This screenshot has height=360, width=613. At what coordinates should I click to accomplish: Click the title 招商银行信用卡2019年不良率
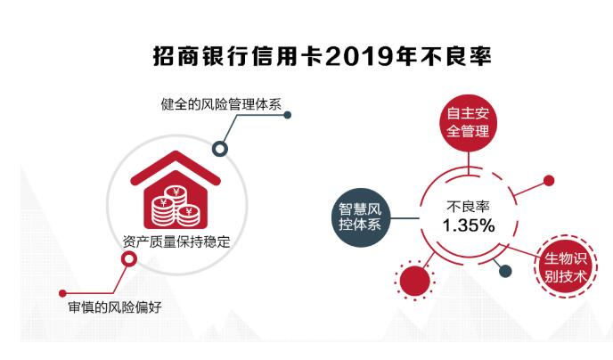click(x=323, y=57)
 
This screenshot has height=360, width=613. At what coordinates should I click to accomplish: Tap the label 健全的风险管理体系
click(x=221, y=104)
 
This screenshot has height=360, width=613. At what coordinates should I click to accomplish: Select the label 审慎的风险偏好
click(x=115, y=307)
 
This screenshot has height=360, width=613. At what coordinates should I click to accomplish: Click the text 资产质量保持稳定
click(x=176, y=241)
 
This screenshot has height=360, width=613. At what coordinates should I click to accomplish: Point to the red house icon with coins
click(x=176, y=190)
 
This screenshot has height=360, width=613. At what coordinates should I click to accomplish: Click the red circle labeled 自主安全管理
click(x=468, y=123)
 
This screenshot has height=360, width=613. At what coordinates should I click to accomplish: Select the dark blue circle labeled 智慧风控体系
click(x=360, y=217)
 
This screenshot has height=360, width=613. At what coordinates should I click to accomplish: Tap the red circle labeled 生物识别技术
click(x=566, y=267)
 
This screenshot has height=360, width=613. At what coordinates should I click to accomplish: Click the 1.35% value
click(x=469, y=225)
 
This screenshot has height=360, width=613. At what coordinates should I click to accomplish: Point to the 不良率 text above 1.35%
click(x=468, y=207)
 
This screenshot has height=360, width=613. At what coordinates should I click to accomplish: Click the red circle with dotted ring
click(x=415, y=281)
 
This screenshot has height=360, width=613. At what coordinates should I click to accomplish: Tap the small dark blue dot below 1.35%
click(x=505, y=271)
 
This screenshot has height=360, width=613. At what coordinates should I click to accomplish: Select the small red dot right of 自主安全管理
click(x=549, y=181)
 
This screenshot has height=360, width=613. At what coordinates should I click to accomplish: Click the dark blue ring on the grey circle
click(x=220, y=149)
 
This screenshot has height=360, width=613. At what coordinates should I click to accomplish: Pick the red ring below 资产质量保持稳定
click(x=129, y=258)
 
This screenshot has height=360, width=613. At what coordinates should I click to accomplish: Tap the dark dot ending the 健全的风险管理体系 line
click(x=287, y=115)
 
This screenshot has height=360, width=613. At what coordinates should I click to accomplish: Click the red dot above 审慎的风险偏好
click(x=62, y=293)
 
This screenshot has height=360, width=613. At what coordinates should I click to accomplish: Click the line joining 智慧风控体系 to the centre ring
click(x=405, y=218)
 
